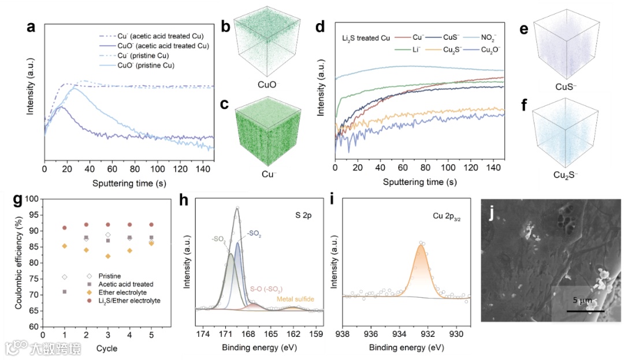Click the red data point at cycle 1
tap(65, 228)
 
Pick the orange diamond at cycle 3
tap(108, 256)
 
